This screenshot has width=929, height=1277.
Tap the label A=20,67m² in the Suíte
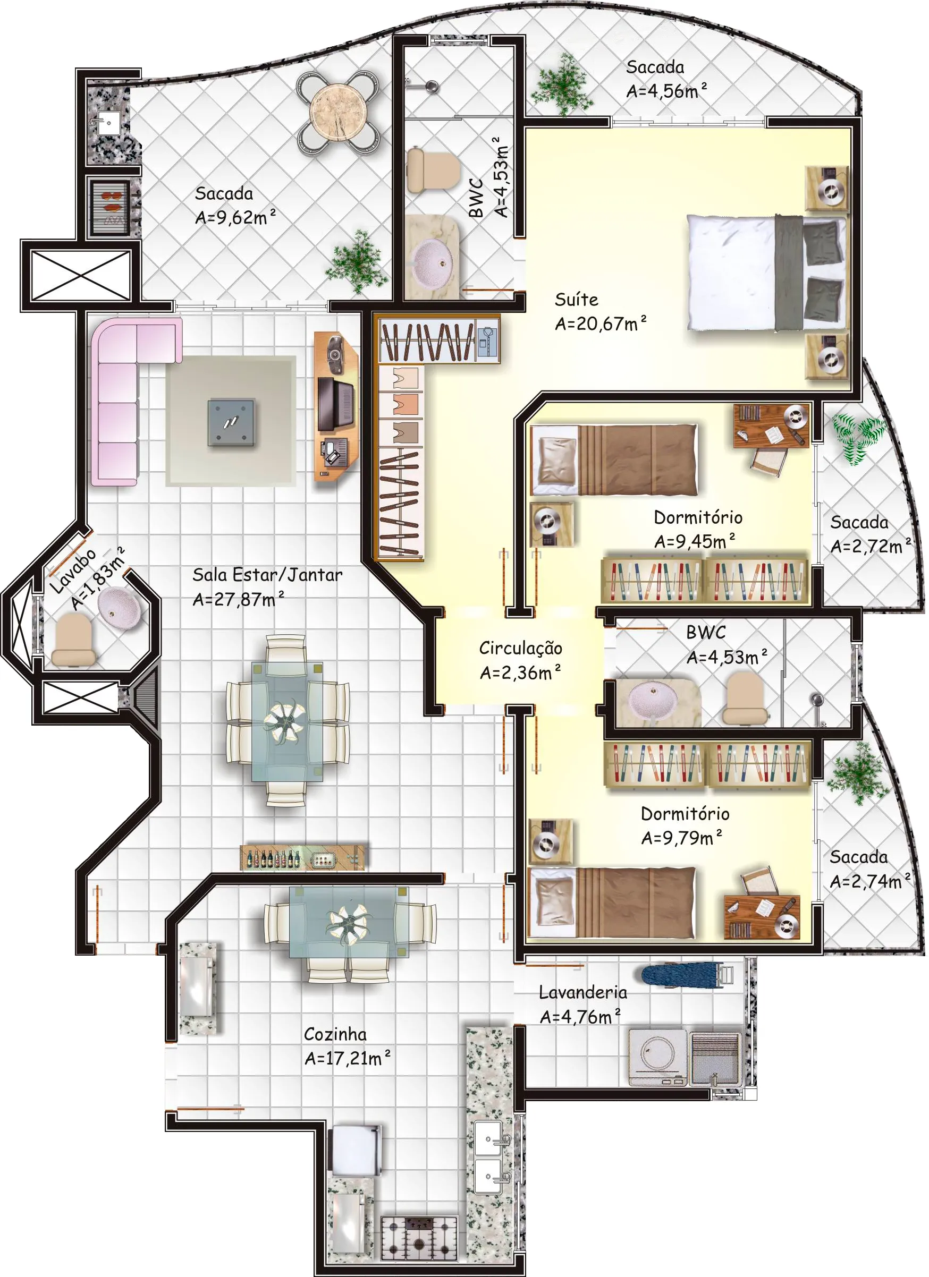click(x=601, y=323)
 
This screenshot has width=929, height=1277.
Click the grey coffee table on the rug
click(x=231, y=422)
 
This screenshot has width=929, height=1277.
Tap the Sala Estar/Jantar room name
click(x=267, y=575)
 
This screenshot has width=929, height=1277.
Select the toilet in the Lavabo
click(x=73, y=640)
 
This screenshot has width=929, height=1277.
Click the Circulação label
click(x=520, y=648)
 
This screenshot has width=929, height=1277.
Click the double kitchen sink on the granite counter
click(x=489, y=1156)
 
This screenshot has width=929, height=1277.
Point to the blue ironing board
click(x=682, y=975)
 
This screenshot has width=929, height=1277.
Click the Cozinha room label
click(x=335, y=1034)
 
